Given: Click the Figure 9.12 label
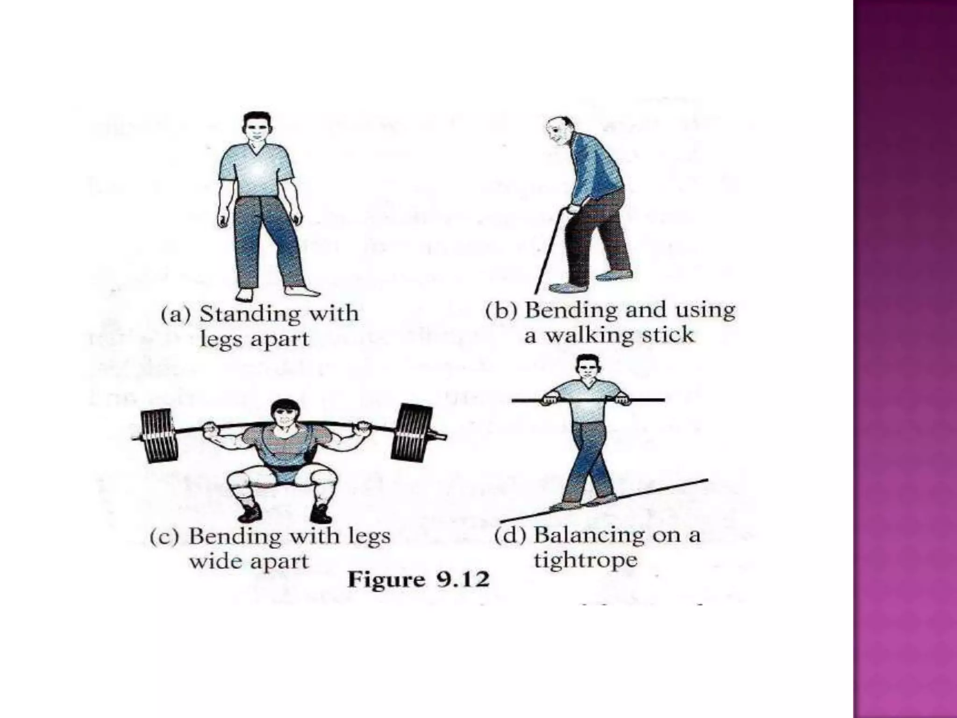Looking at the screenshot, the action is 418,581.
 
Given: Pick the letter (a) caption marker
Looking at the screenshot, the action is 176,315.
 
